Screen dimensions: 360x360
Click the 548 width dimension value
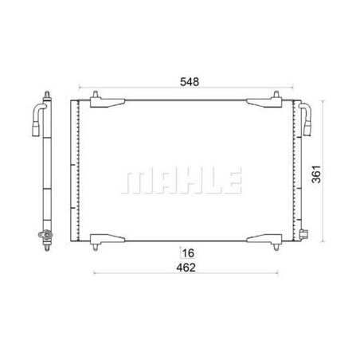(190, 82)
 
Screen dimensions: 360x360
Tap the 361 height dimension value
(316, 174)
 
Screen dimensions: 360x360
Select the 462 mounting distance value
(186, 268)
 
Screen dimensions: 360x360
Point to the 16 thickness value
(188, 253)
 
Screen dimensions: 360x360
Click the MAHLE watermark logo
(182, 180)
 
